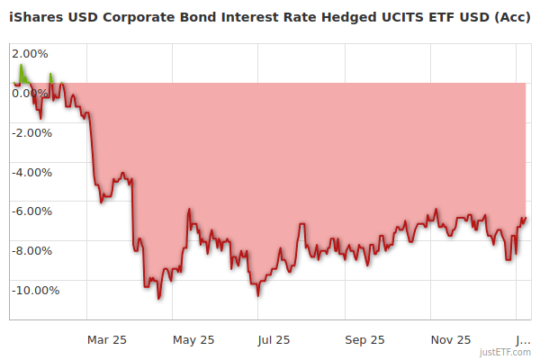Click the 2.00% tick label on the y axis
coord(31,54)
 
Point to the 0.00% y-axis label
coord(31,93)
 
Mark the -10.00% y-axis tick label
coord(35,290)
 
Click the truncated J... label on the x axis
coord(523,339)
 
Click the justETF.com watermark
coord(507,353)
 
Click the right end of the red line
coord(526,218)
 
